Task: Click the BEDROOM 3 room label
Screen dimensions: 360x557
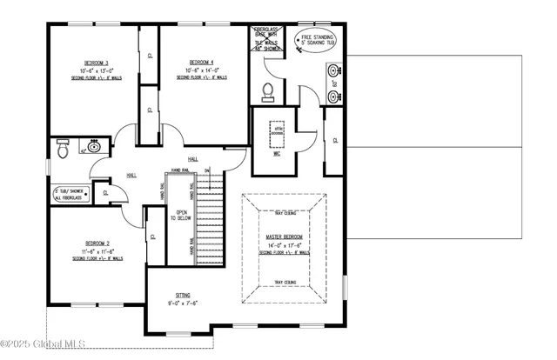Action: [x=95, y=63]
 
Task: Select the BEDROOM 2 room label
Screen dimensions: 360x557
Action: [x=97, y=243]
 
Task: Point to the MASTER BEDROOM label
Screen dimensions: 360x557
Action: [x=285, y=237]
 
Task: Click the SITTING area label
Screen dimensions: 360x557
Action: [x=183, y=296]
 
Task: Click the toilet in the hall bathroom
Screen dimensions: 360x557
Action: [x=62, y=150]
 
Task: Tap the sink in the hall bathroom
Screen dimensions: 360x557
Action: [x=93, y=146]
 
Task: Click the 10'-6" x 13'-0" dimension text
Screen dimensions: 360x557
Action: [x=95, y=70]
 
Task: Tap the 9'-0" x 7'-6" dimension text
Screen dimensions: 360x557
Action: [x=183, y=304]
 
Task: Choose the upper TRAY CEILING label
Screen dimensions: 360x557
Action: [x=285, y=212]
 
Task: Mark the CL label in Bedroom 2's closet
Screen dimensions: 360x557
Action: [x=153, y=236]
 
